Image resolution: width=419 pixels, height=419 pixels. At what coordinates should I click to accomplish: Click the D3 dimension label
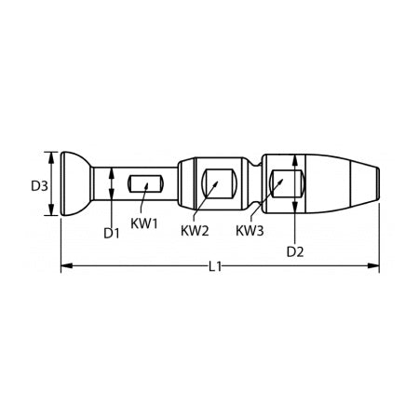(38, 185)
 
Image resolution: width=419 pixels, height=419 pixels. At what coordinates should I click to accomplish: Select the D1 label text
(112, 233)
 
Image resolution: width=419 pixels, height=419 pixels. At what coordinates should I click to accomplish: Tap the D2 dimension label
(294, 251)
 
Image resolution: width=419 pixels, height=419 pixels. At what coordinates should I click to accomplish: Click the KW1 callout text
(144, 223)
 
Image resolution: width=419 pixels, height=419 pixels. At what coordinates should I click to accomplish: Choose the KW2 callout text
(194, 229)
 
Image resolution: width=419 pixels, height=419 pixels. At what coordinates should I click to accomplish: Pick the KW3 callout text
(249, 229)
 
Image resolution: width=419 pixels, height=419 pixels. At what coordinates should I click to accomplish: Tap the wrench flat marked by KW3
(283, 182)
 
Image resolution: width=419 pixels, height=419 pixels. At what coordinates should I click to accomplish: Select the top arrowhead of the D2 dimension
(295, 156)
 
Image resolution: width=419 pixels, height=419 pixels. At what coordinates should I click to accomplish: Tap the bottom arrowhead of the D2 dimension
(295, 209)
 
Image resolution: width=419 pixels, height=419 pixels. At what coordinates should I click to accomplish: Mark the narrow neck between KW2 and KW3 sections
(258, 182)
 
